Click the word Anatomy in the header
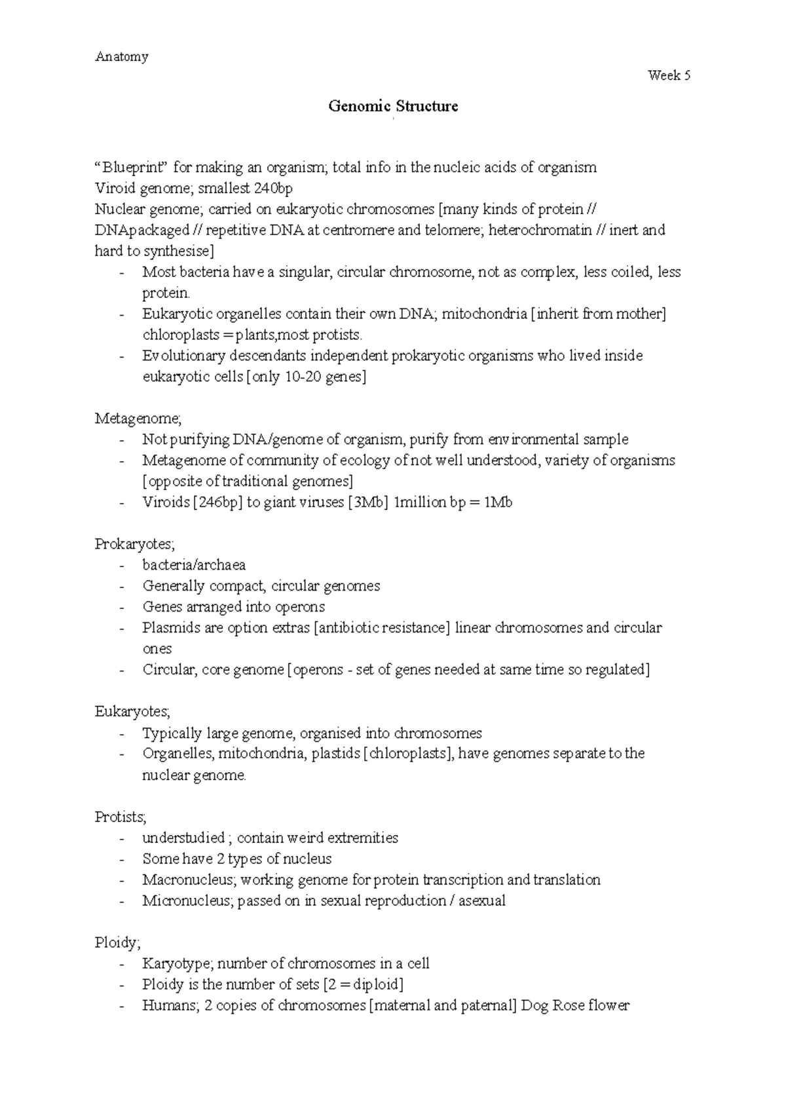122,56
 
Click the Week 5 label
669,75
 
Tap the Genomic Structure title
393,106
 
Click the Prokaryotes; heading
134,544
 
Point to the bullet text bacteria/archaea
194,565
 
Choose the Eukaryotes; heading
132,711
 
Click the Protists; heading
121,817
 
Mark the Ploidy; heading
117,942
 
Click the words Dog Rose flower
575,1005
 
